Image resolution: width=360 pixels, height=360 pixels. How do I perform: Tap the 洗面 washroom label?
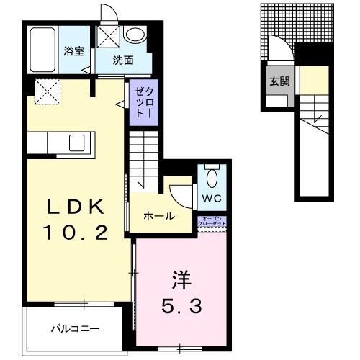[123, 61]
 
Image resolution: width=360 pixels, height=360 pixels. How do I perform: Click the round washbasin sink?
[135, 34]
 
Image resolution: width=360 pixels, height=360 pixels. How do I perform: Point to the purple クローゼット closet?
[140, 104]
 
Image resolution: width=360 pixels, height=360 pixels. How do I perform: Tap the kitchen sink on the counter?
[76, 143]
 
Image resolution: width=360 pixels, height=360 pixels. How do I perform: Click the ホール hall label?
[158, 215]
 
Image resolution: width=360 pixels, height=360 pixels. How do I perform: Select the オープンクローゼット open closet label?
[212, 222]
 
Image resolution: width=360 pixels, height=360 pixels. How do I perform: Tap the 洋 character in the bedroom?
[180, 278]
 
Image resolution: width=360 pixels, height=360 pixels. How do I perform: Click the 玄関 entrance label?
[279, 81]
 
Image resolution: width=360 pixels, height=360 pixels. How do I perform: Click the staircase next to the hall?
[144, 158]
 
